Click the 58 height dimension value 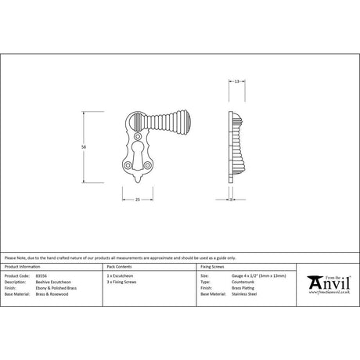[83, 146]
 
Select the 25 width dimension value [138, 200]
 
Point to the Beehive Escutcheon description [49, 282]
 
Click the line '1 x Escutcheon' [119, 276]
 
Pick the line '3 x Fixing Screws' [121, 282]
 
